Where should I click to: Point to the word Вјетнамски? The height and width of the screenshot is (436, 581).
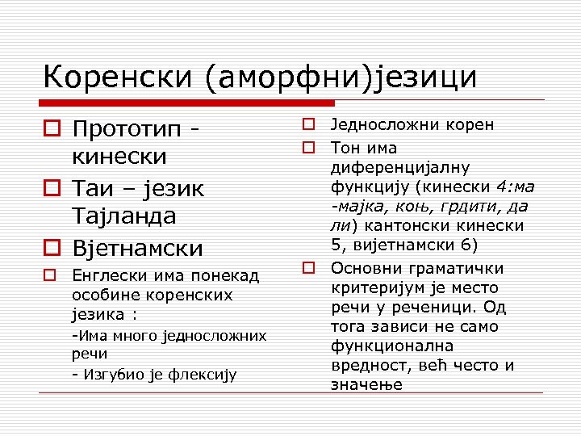click(138, 247)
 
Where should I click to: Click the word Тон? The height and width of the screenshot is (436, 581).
click(345, 148)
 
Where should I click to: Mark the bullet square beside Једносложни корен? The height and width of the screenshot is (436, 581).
click(308, 124)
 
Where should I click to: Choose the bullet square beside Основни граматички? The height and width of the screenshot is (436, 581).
click(308, 267)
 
